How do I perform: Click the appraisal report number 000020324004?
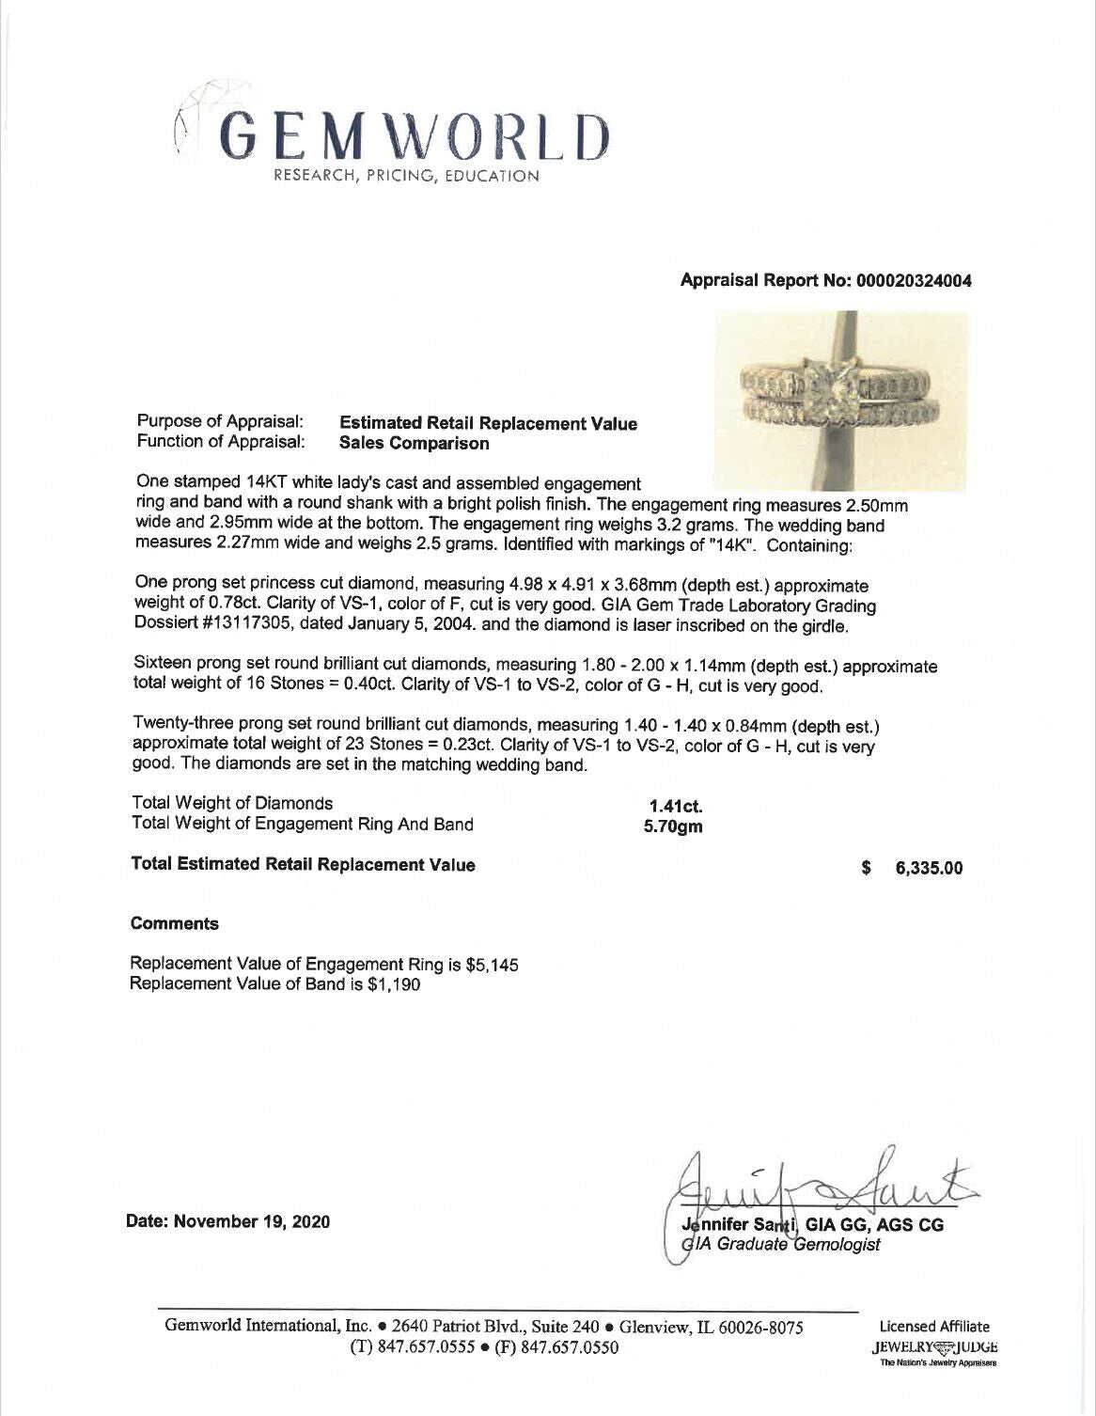click(x=912, y=281)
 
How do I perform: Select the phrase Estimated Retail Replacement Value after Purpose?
click(x=487, y=424)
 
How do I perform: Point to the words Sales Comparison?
click(x=414, y=443)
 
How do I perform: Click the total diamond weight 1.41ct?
click(x=676, y=806)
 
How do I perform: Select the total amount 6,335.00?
click(x=929, y=869)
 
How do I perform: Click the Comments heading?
click(x=175, y=923)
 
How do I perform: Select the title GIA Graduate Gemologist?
click(x=786, y=1245)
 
